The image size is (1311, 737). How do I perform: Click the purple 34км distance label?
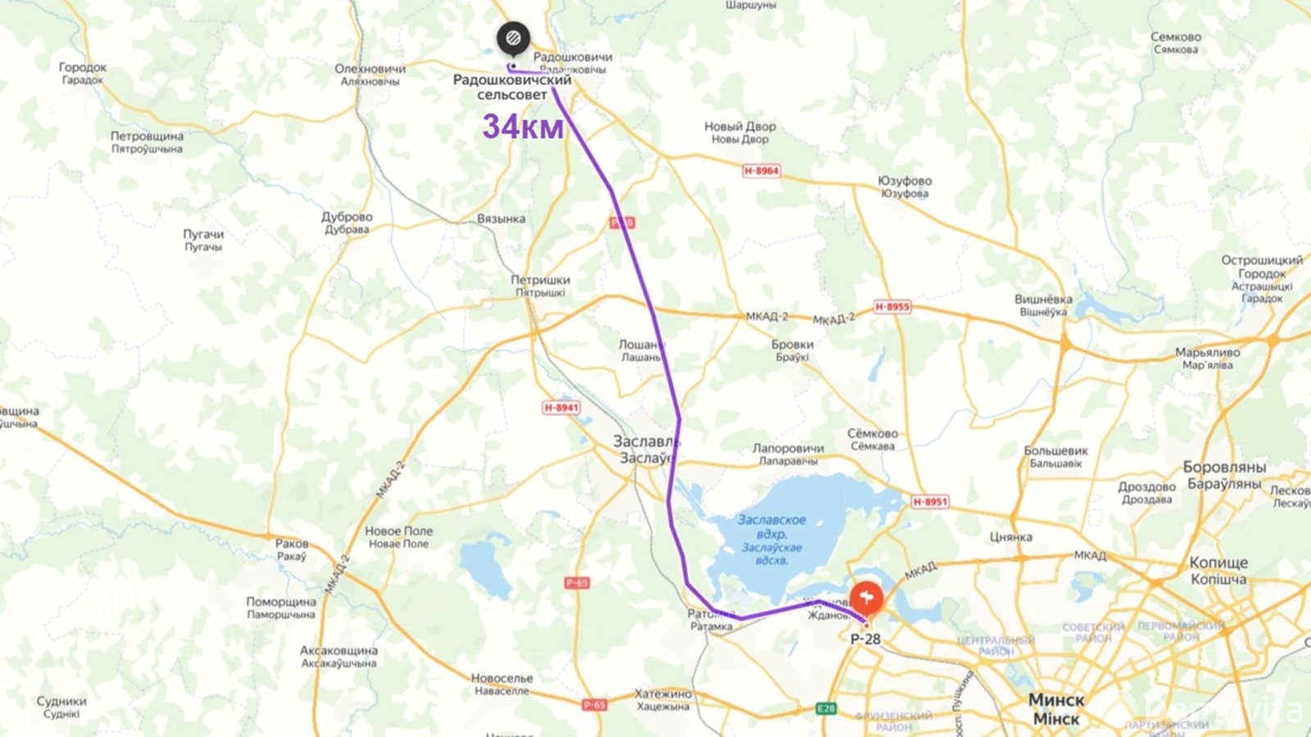(x=523, y=127)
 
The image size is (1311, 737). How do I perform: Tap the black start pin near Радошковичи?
(x=513, y=38)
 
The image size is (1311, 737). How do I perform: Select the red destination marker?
(x=866, y=599)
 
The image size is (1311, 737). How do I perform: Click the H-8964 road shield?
(x=761, y=170)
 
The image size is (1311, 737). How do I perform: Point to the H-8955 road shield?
(x=892, y=306)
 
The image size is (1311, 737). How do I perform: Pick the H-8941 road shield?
(x=561, y=407)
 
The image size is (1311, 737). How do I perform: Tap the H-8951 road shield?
(x=930, y=501)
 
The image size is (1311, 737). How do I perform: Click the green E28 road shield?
(x=826, y=708)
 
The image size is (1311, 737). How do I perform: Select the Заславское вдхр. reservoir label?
(x=772, y=540)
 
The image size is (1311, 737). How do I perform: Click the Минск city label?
(x=1056, y=708)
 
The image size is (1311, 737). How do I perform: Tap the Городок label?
(x=83, y=73)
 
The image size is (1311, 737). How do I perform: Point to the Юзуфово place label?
(x=905, y=187)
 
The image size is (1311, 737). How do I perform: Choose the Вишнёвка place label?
(x=1043, y=305)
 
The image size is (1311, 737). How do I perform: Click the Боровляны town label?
(x=1224, y=474)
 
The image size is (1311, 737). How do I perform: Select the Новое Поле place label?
(x=399, y=536)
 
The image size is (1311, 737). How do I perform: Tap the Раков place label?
(x=292, y=549)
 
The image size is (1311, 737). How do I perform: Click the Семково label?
(x=1176, y=43)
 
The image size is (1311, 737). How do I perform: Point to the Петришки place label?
(x=540, y=285)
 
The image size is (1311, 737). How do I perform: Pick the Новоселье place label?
(x=502, y=684)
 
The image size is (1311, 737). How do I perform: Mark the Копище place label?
(x=1218, y=570)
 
